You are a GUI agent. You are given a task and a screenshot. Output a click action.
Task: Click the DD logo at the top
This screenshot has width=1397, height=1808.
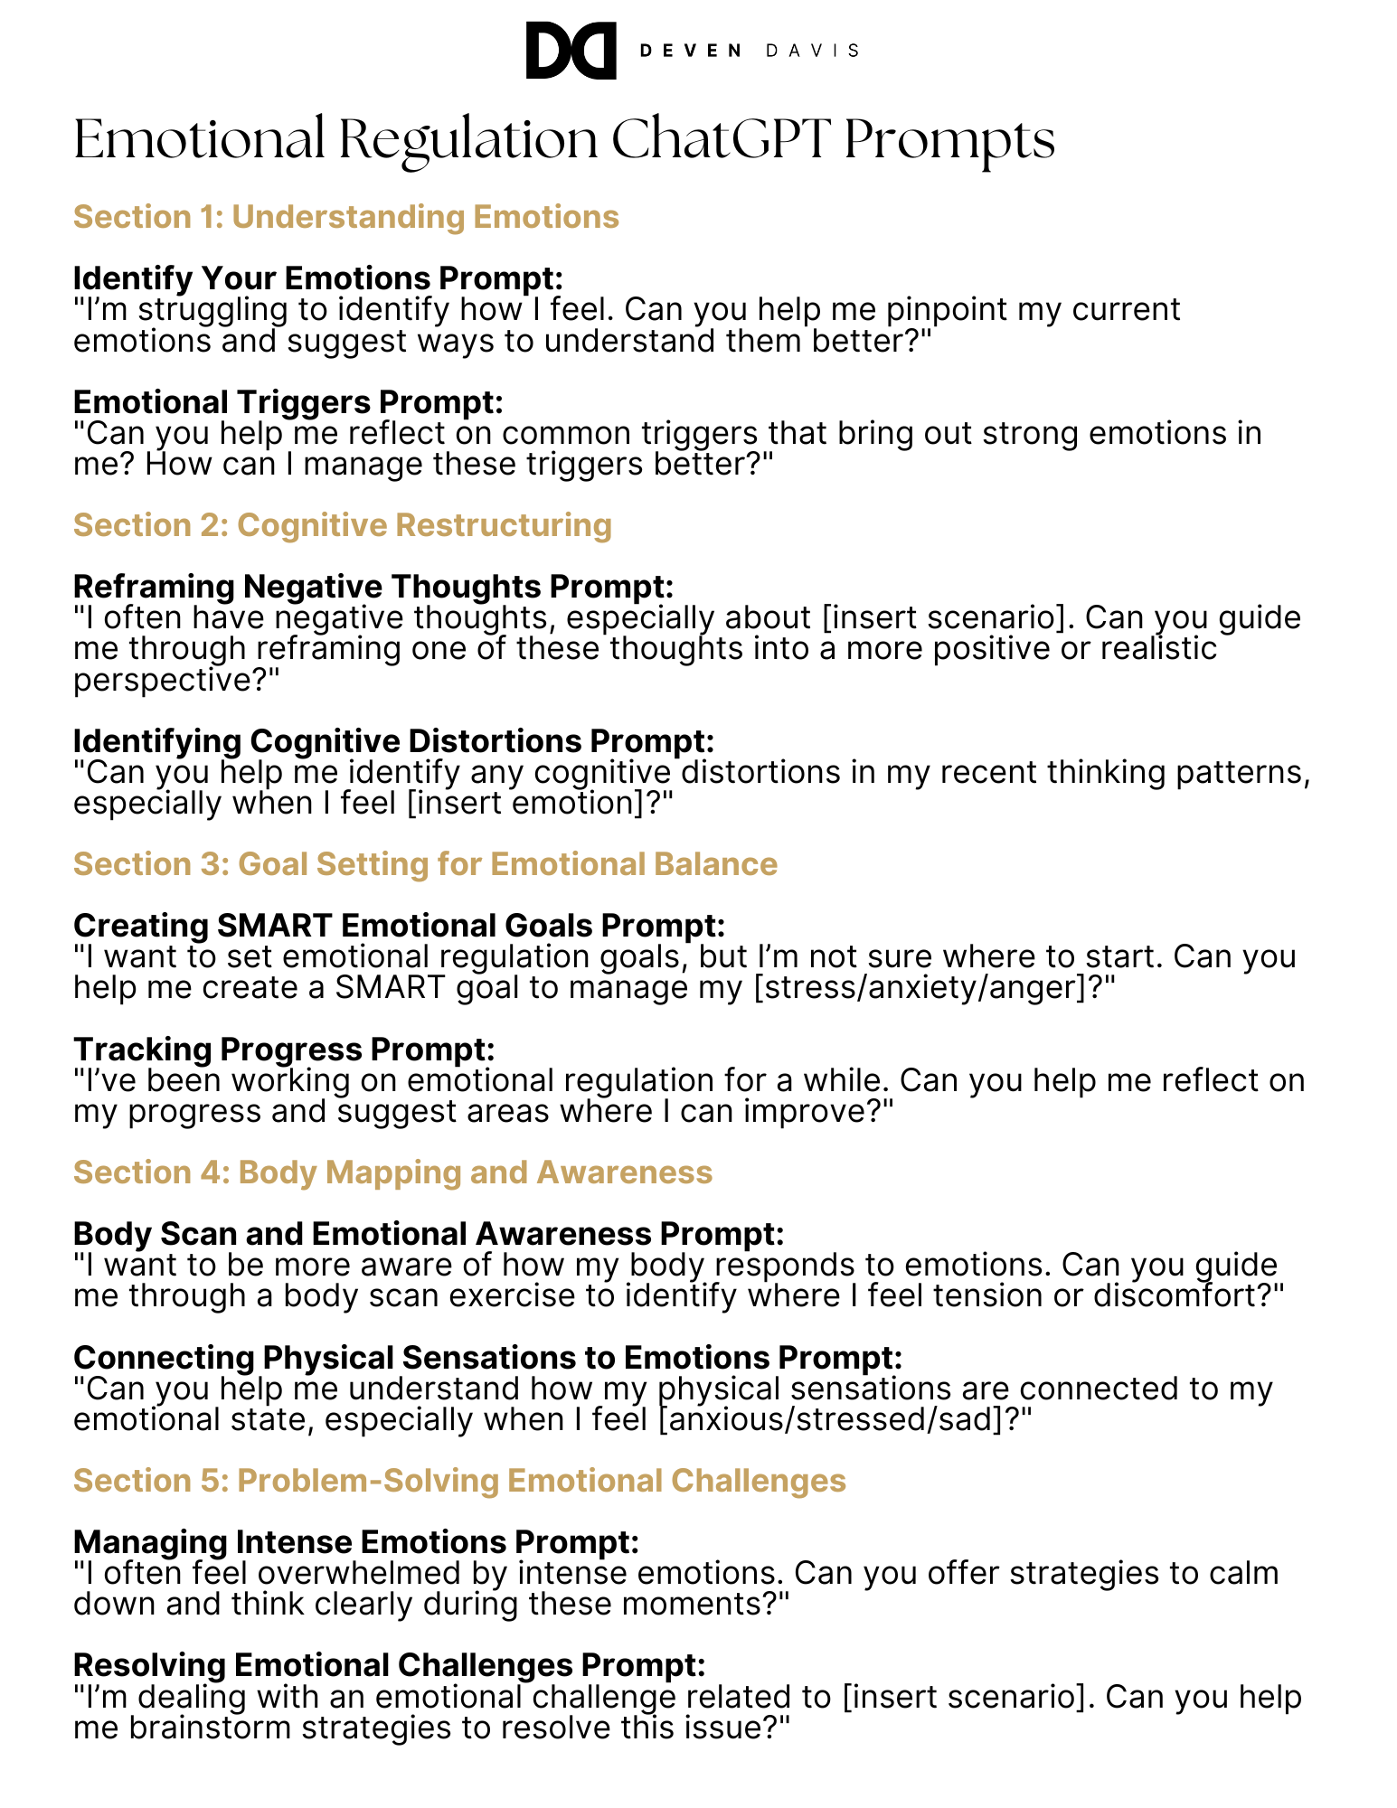pyautogui.click(x=571, y=51)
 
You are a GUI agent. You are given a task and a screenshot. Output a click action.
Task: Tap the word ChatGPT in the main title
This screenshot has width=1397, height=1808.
pyautogui.click(x=720, y=140)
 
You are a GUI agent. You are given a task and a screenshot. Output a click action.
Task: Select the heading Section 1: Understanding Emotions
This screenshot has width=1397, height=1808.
pyautogui.click(x=345, y=217)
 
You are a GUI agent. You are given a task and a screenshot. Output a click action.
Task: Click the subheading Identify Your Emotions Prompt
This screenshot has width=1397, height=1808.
pyautogui.click(x=317, y=278)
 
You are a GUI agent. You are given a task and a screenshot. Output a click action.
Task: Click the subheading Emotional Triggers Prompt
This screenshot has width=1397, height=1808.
pyautogui.click(x=288, y=401)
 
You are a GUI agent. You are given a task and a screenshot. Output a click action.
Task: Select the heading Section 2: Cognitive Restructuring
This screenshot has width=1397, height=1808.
pyautogui.click(x=342, y=525)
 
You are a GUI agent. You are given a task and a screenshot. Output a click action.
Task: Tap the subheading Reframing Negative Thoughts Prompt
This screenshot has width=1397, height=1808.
pyautogui.click(x=373, y=586)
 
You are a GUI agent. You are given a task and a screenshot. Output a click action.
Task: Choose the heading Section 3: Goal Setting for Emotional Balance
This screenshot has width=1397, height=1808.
pyautogui.click(x=425, y=864)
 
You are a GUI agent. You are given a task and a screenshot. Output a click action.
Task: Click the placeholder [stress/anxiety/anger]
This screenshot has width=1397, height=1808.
pyautogui.click(x=922, y=987)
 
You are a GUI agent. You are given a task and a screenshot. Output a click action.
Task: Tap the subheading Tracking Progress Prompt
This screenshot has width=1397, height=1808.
pyautogui.click(x=284, y=1049)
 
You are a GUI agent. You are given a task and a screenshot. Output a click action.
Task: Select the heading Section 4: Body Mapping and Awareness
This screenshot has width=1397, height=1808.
pyautogui.click(x=392, y=1172)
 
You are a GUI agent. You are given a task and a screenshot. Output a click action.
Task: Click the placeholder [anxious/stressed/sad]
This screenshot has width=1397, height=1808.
pyautogui.click(x=838, y=1419)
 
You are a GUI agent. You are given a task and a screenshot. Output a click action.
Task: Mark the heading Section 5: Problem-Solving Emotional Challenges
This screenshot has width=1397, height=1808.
pyautogui.click(x=459, y=1481)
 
